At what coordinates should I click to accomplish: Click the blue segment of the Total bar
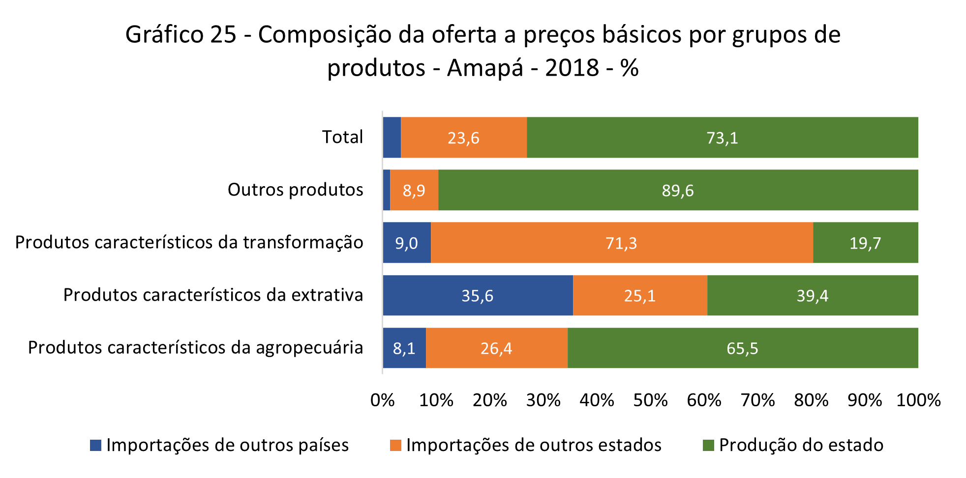coord(392,138)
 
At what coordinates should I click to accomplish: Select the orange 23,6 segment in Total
coord(463,138)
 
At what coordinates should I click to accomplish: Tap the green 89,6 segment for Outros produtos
coord(678,190)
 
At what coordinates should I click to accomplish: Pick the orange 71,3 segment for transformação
coord(621,243)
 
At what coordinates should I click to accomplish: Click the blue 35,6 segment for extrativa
coord(478,295)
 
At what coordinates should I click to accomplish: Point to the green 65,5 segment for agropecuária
coord(742,348)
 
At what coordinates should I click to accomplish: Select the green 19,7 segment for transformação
coord(865,243)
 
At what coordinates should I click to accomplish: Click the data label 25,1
coord(639,296)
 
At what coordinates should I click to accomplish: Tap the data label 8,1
coord(404,348)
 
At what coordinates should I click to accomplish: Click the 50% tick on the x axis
coord(650,400)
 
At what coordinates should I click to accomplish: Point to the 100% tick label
coord(918,400)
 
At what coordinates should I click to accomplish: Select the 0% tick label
coord(383,400)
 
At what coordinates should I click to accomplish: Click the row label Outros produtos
coord(295,190)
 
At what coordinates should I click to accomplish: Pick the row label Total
coord(342,137)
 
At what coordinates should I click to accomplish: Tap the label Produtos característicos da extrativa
coord(213,295)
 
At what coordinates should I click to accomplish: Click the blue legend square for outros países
coord(95,445)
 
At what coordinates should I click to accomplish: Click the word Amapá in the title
coord(484,68)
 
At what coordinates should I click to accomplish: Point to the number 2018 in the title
coord(572,68)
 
